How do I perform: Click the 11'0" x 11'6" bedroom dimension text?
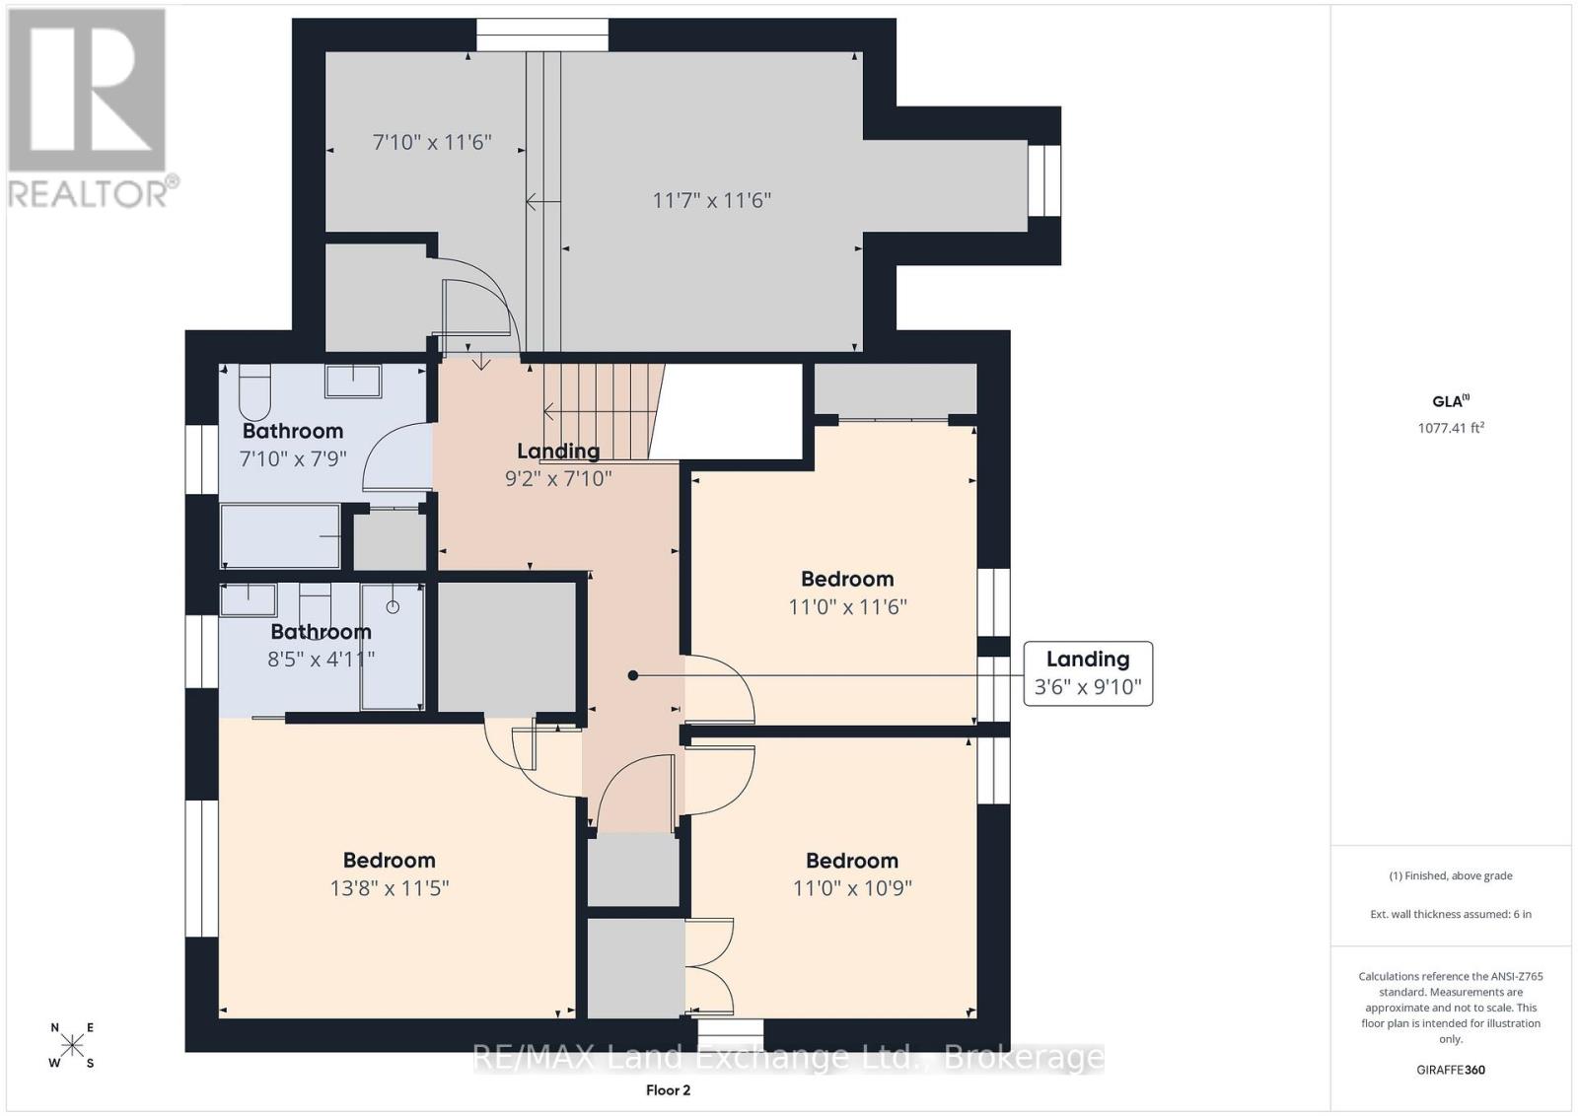coord(847,607)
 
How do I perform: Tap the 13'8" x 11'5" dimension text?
coord(390,888)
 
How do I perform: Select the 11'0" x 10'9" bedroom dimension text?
coord(852,888)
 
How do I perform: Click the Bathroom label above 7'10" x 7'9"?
coord(293,431)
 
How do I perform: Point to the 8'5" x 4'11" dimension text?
coord(322,659)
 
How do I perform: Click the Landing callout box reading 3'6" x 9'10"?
coord(1088,673)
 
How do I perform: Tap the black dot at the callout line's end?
coord(632,675)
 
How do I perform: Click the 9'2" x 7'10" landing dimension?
coord(558,479)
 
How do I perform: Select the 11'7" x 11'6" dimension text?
coord(712,201)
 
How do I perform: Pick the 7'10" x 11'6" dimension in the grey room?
coord(432,143)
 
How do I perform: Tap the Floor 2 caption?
coord(668,1090)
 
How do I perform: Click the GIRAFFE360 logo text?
coord(1451,1070)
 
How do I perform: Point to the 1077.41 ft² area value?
coord(1451,428)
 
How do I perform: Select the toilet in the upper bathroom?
coord(255,392)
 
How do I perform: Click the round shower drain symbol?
coord(394,606)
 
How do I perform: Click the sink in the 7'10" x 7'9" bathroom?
coord(353,381)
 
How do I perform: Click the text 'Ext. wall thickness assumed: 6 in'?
coord(1451,914)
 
